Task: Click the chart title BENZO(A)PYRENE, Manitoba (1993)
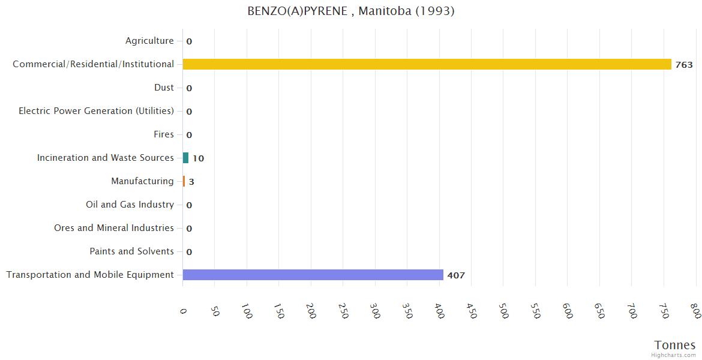[351, 11]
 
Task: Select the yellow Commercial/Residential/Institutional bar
[427, 64]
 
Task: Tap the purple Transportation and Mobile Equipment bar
[313, 275]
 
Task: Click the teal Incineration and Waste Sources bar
[185, 158]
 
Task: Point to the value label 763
[684, 65]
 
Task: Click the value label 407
[456, 275]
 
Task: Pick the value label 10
[198, 158]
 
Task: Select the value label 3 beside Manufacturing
[191, 182]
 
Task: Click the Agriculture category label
[149, 41]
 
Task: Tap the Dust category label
[164, 88]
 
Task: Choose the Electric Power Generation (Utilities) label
[96, 111]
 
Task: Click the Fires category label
[163, 134]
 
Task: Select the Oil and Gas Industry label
[130, 205]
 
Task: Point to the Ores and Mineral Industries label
[114, 228]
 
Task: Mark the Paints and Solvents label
[131, 251]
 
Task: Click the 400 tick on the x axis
[439, 311]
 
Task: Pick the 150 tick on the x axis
[279, 311]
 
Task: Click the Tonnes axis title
[675, 345]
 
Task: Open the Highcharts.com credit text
[674, 355]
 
